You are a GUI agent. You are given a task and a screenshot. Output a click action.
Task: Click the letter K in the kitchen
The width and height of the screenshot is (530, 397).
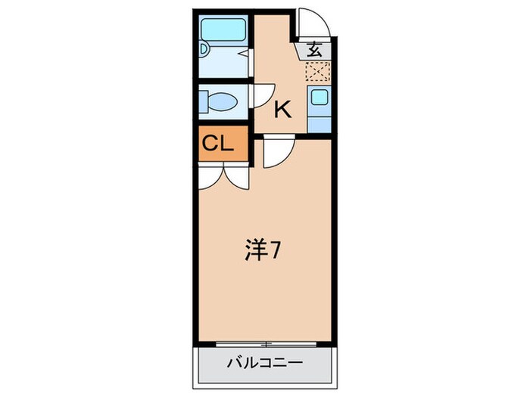[282, 110]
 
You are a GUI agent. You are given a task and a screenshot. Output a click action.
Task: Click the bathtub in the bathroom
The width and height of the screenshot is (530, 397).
[224, 31]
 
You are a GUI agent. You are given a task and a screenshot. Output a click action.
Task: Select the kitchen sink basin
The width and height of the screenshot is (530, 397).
[319, 98]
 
